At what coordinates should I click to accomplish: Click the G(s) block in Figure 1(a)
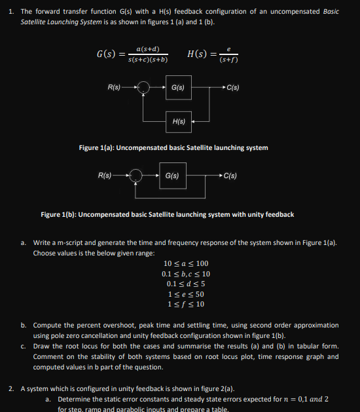tap(177, 88)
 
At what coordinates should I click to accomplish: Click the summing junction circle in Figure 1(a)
tap(145, 88)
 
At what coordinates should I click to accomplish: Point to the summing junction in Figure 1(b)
tap(135, 176)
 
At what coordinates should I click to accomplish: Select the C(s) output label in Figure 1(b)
tap(230, 175)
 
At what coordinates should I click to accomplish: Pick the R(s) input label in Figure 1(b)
tap(105, 175)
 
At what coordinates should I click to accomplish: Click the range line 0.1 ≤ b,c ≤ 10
tap(186, 274)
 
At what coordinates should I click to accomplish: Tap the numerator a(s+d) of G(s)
tap(149, 48)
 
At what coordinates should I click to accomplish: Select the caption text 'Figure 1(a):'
tap(96, 148)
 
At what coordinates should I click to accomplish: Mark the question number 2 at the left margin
tap(11, 389)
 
